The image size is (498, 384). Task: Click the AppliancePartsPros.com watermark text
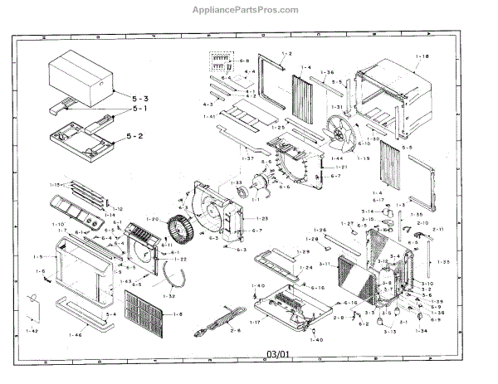click(248, 10)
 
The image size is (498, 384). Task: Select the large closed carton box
click(79, 76)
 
